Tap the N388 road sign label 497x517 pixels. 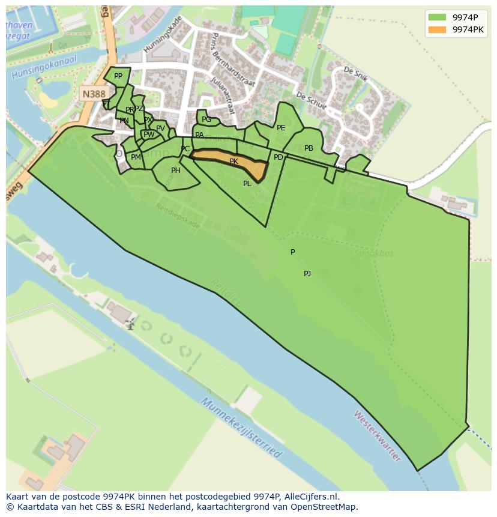tap(93, 94)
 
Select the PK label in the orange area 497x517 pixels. tap(233, 162)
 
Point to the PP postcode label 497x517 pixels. tap(118, 76)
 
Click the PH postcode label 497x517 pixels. tap(176, 171)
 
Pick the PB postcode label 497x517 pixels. tap(309, 148)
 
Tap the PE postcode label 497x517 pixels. tap(281, 128)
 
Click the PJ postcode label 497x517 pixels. tap(307, 274)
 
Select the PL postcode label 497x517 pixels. tap(247, 184)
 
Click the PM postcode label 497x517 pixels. tap(136, 157)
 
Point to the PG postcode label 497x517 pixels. tap(206, 119)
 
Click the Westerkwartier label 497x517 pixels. tap(377, 435)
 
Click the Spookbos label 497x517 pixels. tap(373, 253)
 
